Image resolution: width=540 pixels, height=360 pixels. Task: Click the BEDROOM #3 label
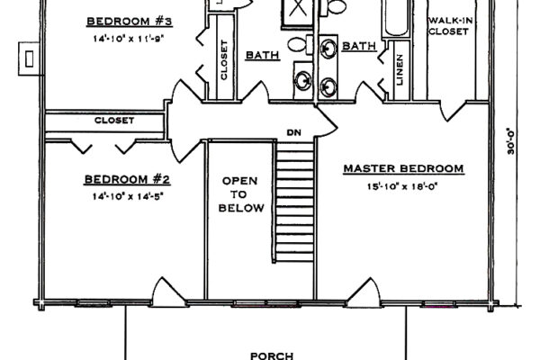click(129, 22)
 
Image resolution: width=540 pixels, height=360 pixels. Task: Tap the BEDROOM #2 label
click(127, 179)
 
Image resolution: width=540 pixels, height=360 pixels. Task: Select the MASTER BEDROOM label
click(403, 169)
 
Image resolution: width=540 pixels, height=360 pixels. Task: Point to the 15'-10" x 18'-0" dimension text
click(402, 186)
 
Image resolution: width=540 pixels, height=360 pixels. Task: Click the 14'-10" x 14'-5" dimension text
click(128, 197)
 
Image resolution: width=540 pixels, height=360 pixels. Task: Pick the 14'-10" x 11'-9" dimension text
click(128, 39)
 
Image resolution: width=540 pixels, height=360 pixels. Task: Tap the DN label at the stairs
click(294, 132)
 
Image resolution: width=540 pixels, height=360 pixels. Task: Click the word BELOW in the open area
click(241, 208)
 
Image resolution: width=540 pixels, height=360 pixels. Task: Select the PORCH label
click(272, 355)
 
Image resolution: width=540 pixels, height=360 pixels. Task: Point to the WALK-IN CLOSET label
click(449, 26)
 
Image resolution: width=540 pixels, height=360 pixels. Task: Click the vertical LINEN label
click(400, 70)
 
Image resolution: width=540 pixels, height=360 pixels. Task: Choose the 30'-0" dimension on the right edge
click(510, 141)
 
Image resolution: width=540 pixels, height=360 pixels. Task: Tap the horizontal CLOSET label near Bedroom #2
click(114, 121)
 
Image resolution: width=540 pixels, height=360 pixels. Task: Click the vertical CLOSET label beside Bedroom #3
click(224, 60)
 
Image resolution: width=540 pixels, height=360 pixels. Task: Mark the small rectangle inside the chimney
click(30, 58)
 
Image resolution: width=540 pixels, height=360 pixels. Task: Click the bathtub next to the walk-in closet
click(396, 17)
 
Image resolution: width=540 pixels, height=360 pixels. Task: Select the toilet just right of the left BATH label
click(300, 45)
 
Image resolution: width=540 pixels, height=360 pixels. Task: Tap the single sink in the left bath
click(303, 81)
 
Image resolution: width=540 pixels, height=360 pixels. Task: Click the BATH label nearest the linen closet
click(359, 46)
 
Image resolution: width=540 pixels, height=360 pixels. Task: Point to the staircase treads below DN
click(295, 202)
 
